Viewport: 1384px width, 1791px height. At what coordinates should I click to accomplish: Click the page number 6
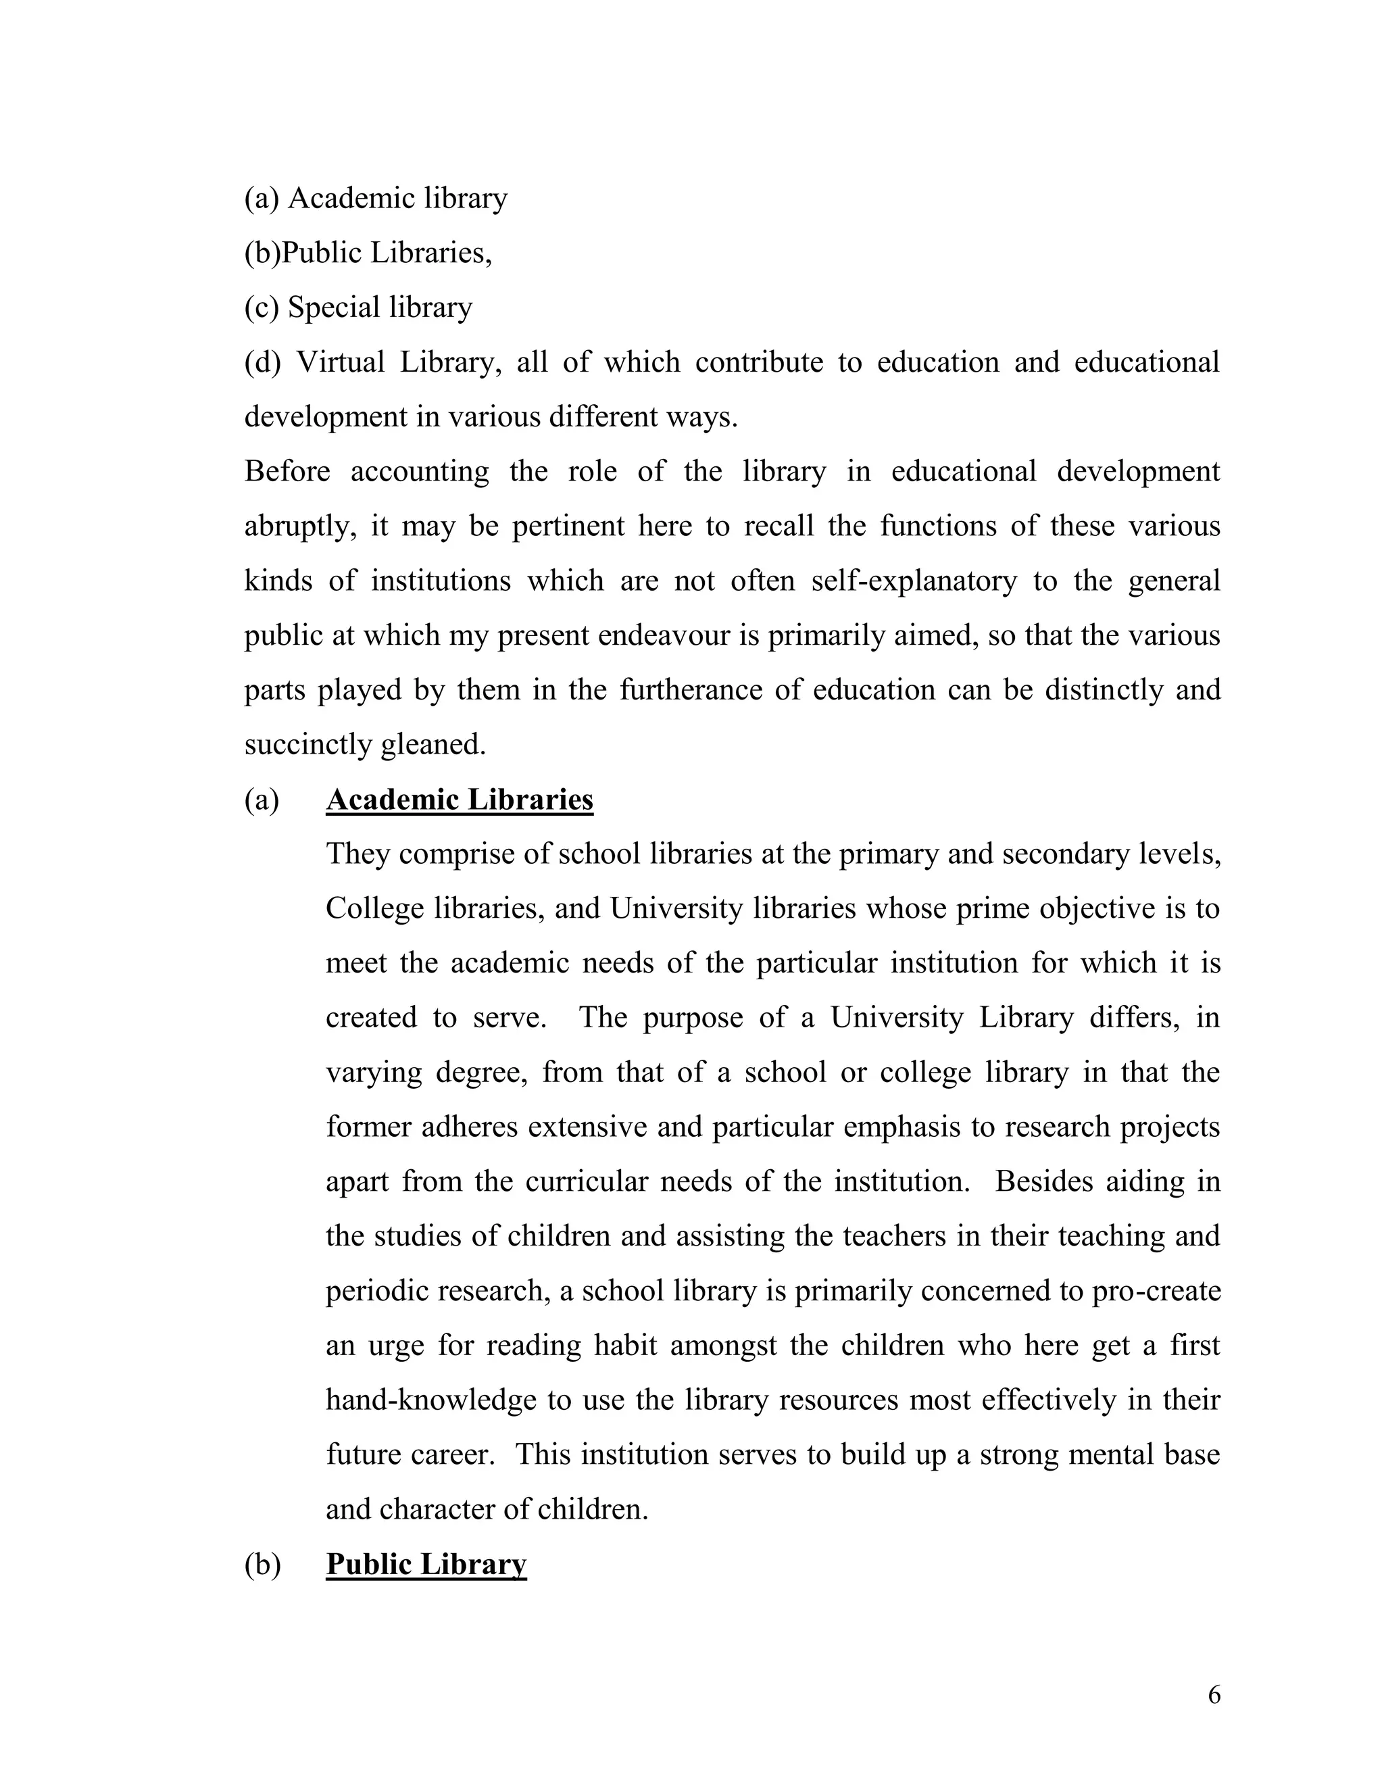click(1214, 1694)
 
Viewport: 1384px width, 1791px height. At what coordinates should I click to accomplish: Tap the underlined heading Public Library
click(426, 1564)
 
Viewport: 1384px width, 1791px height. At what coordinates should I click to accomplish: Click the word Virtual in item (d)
click(339, 362)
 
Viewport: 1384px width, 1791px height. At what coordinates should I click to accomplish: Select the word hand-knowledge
click(430, 1400)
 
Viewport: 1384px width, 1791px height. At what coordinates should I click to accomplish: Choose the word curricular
click(586, 1181)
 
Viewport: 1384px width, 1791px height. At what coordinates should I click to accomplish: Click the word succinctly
click(308, 745)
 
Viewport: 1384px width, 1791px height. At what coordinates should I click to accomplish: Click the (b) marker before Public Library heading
click(262, 1564)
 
